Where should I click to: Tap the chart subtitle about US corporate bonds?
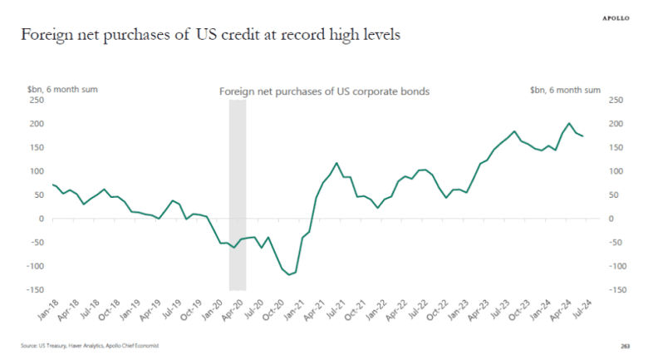(323, 91)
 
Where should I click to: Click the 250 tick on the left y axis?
(36, 101)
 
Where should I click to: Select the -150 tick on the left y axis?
(34, 290)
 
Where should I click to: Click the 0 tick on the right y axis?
(611, 219)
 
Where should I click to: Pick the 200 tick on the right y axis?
(616, 124)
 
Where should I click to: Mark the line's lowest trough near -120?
(288, 275)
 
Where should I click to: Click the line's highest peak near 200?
(569, 123)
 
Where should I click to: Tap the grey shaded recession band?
(237, 195)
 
